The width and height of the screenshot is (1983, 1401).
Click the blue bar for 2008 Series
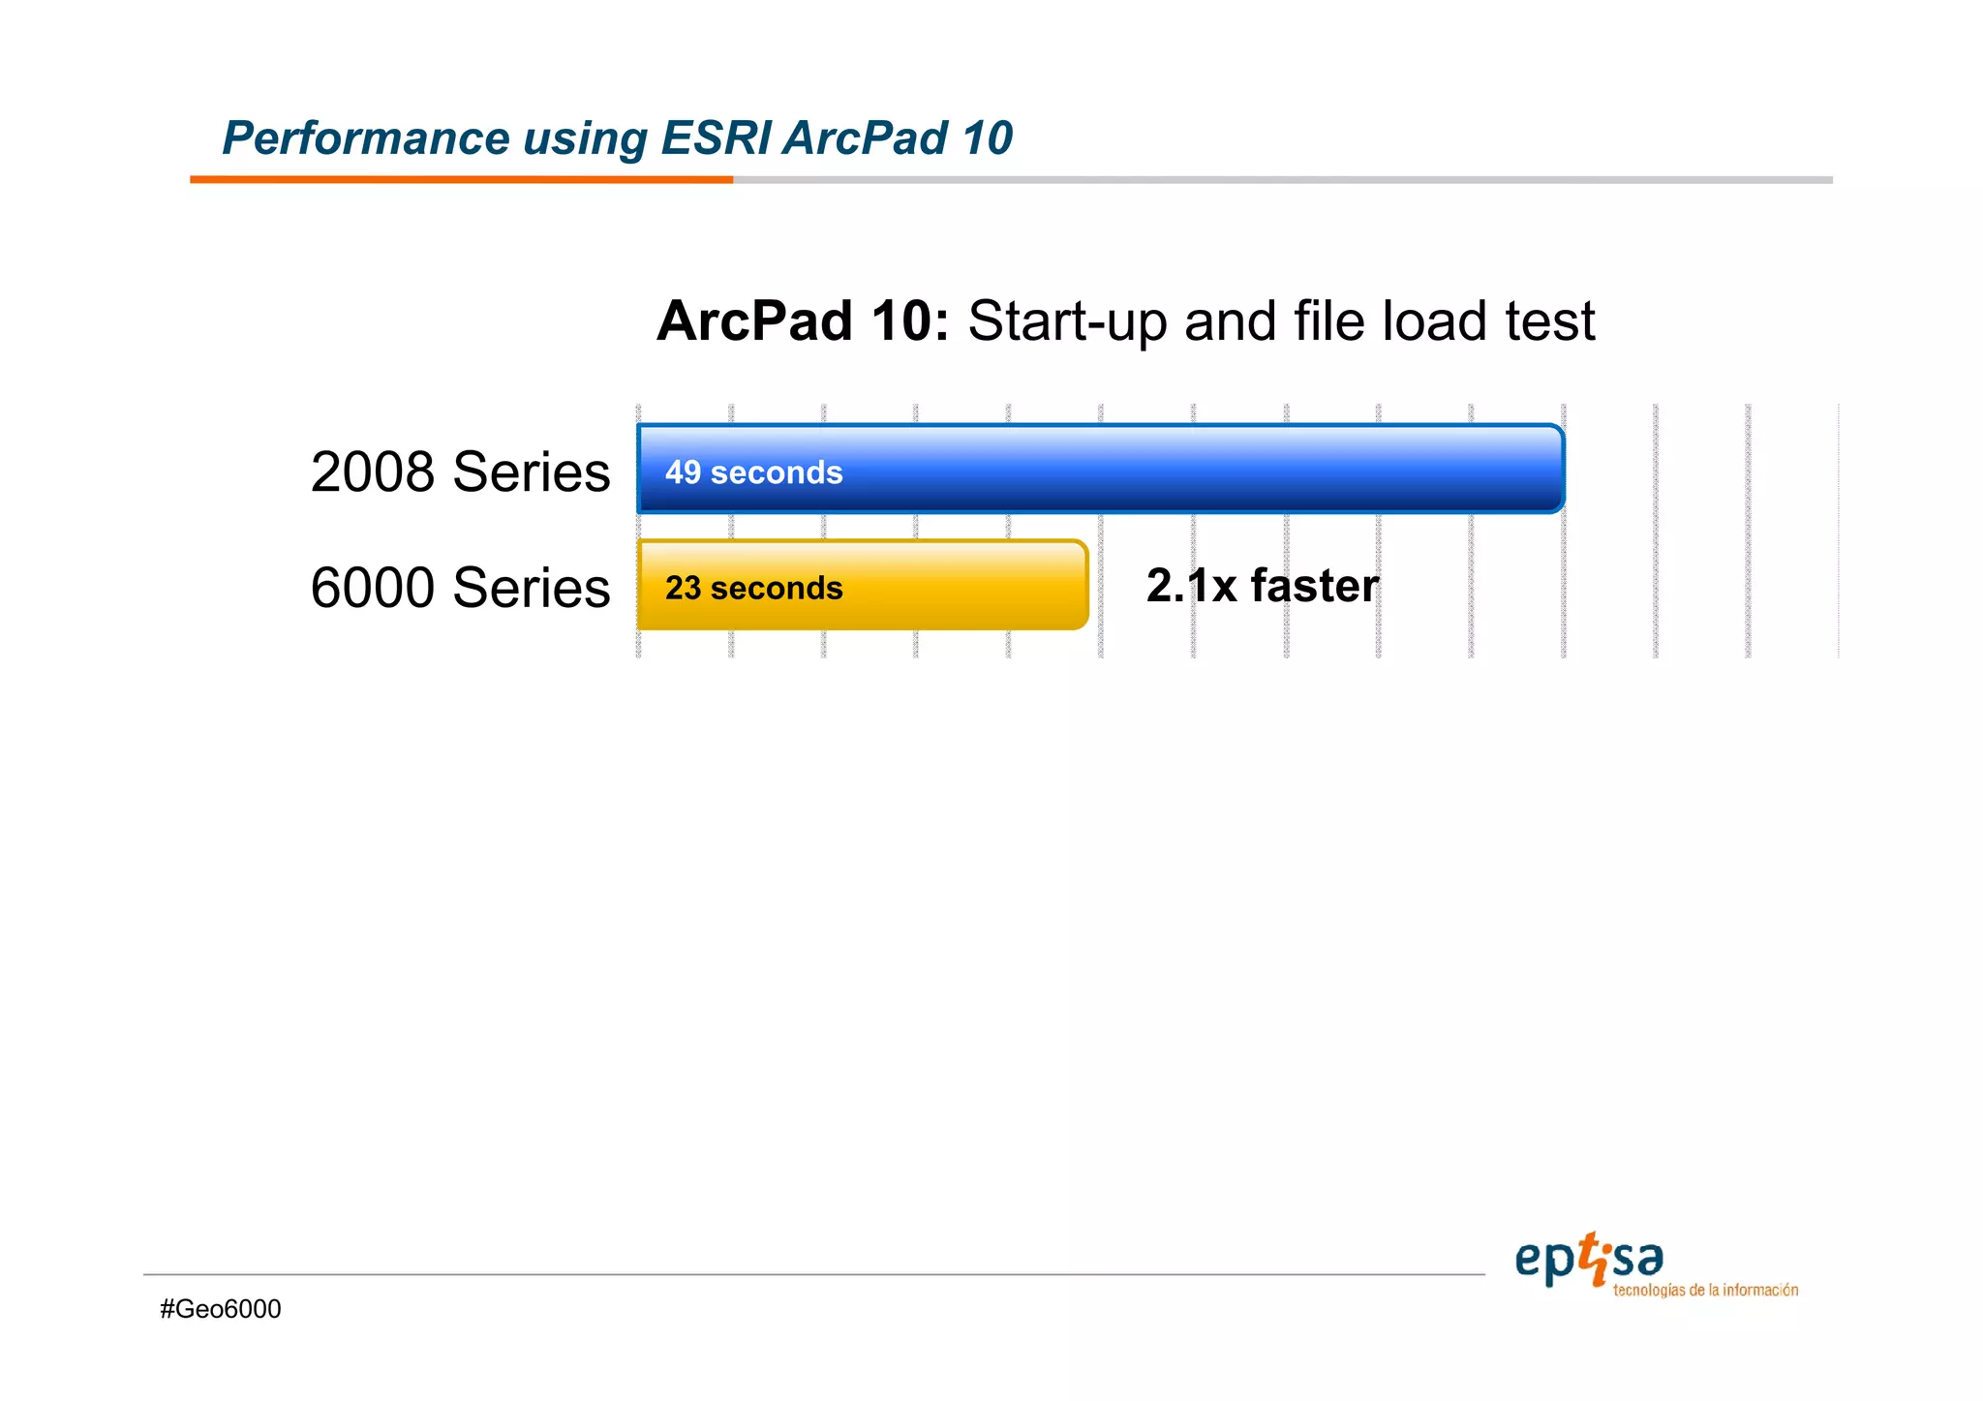click(1162, 469)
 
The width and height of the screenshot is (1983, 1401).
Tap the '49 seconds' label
click(753, 472)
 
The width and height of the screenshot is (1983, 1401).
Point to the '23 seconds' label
click(753, 589)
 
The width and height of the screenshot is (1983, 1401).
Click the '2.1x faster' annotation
click(1262, 586)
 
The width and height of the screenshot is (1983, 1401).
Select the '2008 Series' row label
click(460, 472)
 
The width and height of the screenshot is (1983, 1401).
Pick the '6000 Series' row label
click(460, 588)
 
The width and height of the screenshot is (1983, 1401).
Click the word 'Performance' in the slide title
click(365, 138)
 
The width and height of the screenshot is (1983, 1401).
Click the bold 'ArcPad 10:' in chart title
click(802, 320)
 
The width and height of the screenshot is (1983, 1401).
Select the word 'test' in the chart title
click(1549, 321)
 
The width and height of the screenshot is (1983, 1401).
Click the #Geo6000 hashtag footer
click(221, 1309)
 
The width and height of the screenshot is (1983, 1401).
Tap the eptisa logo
click(1588, 1261)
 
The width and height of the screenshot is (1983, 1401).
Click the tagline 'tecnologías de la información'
click(1705, 1291)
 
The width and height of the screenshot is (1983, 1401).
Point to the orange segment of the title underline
click(461, 179)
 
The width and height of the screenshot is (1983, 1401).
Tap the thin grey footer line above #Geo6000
click(813, 1274)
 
